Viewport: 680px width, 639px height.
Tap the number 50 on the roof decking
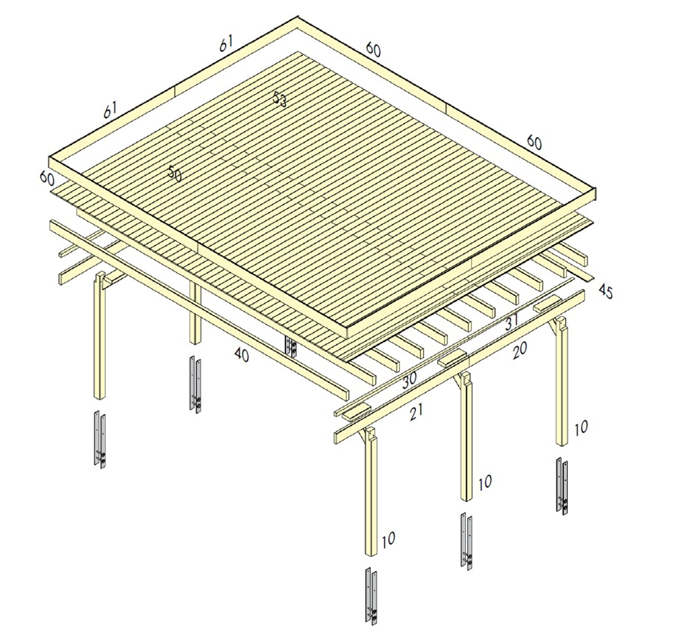pos(175,173)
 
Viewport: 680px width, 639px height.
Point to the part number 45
pos(606,292)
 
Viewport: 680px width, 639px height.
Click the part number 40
pos(242,354)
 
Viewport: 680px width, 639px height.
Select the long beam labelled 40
pos(199,309)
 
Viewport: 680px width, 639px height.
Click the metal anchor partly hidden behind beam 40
pos(291,347)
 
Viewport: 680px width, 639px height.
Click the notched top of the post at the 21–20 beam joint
pos(465,378)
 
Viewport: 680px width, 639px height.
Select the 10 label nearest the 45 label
pos(581,428)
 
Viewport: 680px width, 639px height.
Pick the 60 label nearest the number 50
pos(47,178)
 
